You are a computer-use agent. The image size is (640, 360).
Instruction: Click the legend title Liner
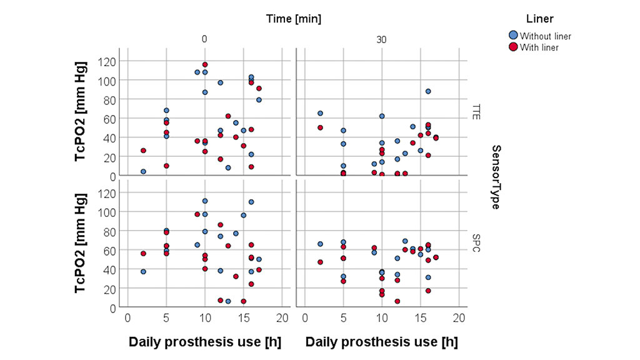(x=539, y=19)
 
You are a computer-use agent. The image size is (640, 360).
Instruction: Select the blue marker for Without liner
(x=513, y=36)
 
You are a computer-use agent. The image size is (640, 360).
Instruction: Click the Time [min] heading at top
(x=294, y=19)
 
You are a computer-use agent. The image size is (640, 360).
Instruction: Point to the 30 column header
(x=382, y=39)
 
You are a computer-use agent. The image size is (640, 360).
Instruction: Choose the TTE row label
(x=477, y=112)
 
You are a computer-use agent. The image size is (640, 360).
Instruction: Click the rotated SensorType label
(x=496, y=177)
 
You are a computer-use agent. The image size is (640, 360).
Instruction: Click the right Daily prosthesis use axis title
(x=381, y=342)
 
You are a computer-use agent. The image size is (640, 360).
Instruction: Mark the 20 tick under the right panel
(x=459, y=317)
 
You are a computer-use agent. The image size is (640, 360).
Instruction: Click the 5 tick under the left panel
(x=166, y=317)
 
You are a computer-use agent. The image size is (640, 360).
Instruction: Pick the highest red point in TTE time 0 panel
(x=205, y=65)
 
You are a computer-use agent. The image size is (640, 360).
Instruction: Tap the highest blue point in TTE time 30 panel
(x=428, y=91)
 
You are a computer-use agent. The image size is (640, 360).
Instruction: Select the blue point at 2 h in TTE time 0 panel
(x=143, y=172)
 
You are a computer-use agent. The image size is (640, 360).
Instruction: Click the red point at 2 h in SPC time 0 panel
(x=143, y=254)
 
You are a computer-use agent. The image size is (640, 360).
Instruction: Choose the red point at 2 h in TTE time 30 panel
(x=320, y=127)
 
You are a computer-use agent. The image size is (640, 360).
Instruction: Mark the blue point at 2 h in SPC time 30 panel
(x=320, y=244)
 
